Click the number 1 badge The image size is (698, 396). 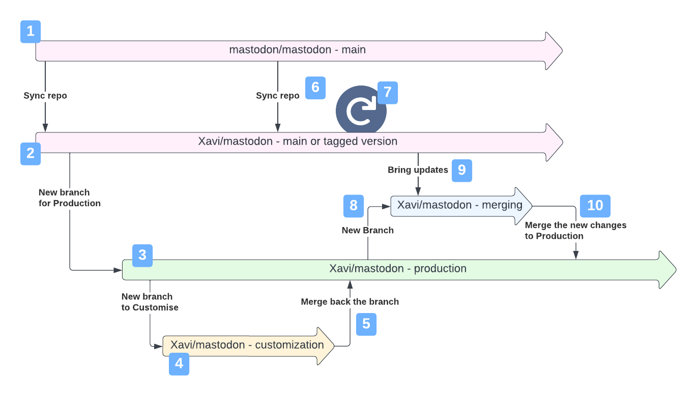tap(31, 32)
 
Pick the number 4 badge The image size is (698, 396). tap(179, 364)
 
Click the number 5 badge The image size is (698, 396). tap(366, 324)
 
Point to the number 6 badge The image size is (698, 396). tap(315, 88)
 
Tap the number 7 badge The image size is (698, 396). tap(388, 93)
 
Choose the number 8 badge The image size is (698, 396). tap(354, 206)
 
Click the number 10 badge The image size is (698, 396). tap(595, 206)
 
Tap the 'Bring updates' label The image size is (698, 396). tap(418, 170)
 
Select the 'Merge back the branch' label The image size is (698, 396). tap(350, 302)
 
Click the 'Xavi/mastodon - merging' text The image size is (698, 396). tap(459, 205)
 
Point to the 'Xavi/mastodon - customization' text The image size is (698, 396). tap(247, 345)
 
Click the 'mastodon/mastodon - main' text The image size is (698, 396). tap(297, 50)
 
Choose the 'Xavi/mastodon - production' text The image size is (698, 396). tap(398, 269)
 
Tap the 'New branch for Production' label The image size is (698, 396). tap(70, 198)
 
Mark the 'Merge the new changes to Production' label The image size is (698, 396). tap(575, 231)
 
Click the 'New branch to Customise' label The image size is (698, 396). tap(150, 302)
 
